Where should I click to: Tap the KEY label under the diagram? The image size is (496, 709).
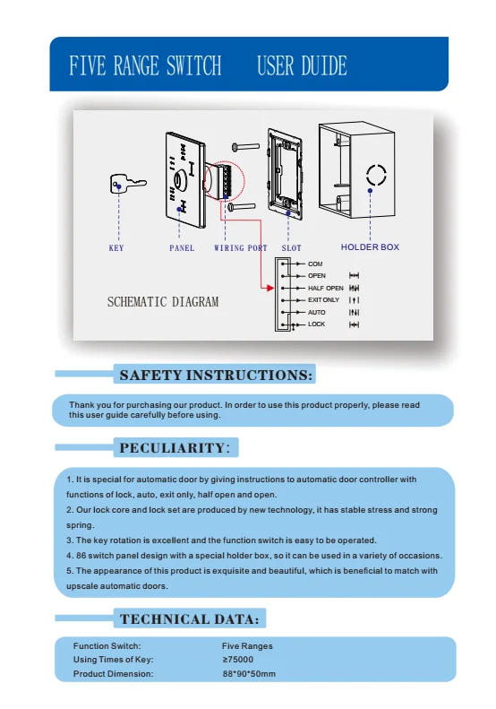(x=116, y=248)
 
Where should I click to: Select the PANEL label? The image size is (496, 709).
(x=182, y=248)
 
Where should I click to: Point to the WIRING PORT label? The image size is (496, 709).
(x=240, y=248)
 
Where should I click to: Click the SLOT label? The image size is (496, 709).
(x=291, y=248)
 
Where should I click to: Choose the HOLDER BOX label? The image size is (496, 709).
(x=370, y=247)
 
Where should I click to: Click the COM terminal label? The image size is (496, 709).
(x=314, y=264)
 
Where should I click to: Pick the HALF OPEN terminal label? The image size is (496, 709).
(x=325, y=288)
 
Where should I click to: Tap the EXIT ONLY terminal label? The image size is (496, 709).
(x=323, y=299)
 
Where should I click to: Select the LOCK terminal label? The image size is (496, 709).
(x=316, y=324)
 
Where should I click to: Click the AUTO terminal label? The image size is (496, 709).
(x=316, y=312)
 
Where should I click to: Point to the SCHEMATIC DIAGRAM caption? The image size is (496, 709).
(x=163, y=302)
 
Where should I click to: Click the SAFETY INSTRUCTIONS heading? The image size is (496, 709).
(x=216, y=375)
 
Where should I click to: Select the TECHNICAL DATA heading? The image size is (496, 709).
(x=190, y=619)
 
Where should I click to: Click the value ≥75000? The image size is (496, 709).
(x=237, y=660)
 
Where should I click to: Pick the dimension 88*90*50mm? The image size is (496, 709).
(x=249, y=673)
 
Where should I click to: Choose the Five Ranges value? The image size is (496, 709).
(x=247, y=645)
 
